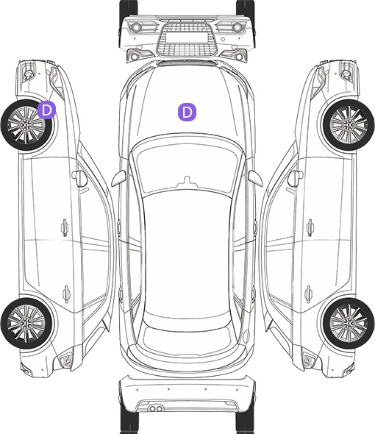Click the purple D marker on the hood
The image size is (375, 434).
click(x=187, y=112)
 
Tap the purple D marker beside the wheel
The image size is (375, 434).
click(x=47, y=110)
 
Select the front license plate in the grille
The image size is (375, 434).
click(x=187, y=37)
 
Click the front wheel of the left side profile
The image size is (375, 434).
click(x=26, y=125)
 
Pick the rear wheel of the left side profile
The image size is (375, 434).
click(x=26, y=323)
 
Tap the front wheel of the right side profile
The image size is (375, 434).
click(x=349, y=125)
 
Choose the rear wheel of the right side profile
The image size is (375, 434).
click(x=349, y=323)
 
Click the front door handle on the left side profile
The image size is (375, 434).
click(x=65, y=227)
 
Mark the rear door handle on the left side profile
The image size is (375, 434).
click(x=66, y=294)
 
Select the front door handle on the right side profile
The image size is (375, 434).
click(x=310, y=227)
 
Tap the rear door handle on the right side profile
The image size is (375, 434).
click(x=309, y=294)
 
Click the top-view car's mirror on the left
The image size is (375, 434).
click(x=118, y=179)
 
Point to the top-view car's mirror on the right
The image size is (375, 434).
click(x=255, y=179)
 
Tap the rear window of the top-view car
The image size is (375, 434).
click(x=187, y=339)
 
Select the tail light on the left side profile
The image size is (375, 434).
click(x=65, y=360)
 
